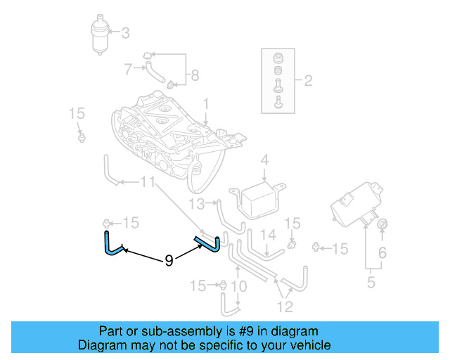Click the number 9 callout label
tap(169, 261)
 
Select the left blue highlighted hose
tap(109, 243)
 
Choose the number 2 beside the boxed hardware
tap(307, 81)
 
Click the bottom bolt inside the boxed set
tap(278, 103)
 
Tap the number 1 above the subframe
tap(207, 104)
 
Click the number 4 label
tap(264, 161)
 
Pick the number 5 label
tap(371, 283)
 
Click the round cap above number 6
tap(383, 224)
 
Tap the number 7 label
tap(128, 69)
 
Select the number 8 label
tap(195, 75)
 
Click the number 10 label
tap(238, 285)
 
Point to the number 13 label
tap(198, 204)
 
